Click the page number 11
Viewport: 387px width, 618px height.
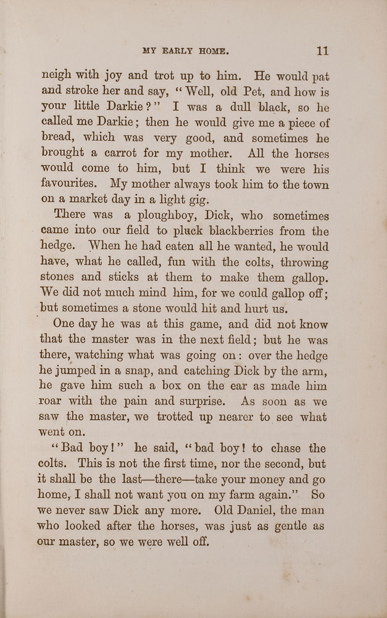coord(322,51)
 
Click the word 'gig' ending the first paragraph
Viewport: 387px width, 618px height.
coord(200,199)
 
